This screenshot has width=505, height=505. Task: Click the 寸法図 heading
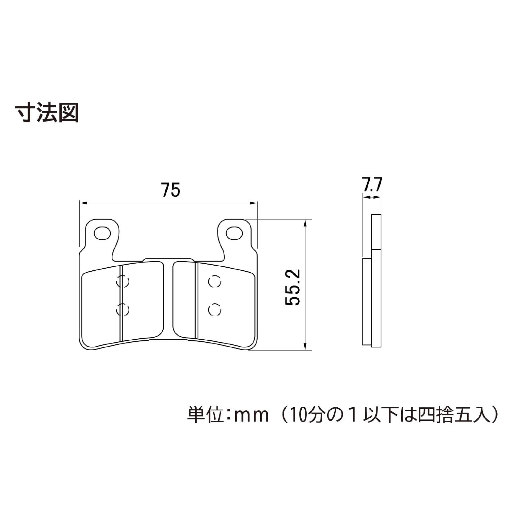coord(47,112)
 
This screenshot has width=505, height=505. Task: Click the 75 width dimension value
coord(171,190)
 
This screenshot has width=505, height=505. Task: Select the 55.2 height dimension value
coord(292,287)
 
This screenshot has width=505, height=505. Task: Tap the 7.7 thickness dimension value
coord(372,185)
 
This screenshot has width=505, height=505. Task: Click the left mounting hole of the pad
coord(102,233)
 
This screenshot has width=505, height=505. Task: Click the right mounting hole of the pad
coord(234,233)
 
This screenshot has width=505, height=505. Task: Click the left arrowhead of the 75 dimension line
coord(83,203)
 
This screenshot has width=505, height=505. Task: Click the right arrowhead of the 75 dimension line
coord(253,203)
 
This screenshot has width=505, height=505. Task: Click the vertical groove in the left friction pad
coord(121,303)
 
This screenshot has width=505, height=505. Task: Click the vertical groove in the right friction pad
coord(197,301)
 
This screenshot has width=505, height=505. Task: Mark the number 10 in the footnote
coord(296,415)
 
